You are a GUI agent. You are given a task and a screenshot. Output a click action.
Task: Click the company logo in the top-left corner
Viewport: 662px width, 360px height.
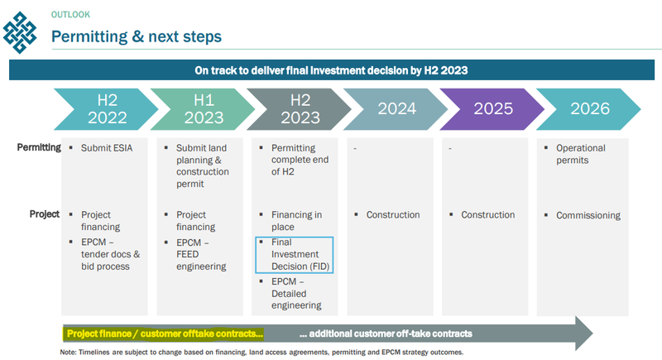[x=19, y=32]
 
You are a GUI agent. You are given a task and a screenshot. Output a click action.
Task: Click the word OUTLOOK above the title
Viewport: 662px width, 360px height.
[x=70, y=15]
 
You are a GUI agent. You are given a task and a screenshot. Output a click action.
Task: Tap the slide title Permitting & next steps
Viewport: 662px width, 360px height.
[x=137, y=36]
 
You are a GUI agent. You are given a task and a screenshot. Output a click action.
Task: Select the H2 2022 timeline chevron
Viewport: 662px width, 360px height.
[x=106, y=109]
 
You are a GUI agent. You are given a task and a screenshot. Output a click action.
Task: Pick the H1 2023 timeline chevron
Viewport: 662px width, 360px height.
[x=203, y=109]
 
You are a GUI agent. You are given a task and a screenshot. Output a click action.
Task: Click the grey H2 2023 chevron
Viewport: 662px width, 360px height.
[x=300, y=109]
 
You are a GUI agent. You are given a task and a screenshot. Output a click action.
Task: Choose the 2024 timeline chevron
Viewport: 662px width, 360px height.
[x=396, y=109]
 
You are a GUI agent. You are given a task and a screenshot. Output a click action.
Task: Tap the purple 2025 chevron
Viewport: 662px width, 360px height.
[x=492, y=109]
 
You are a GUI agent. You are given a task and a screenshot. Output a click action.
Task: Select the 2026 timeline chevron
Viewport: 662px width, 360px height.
[x=589, y=109]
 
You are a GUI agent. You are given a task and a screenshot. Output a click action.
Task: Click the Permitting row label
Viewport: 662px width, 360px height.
[x=39, y=147]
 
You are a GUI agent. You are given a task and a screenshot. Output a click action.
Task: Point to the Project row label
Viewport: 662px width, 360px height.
[x=45, y=214]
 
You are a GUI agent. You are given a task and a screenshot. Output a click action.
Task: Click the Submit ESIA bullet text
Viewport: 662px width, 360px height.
[x=107, y=148]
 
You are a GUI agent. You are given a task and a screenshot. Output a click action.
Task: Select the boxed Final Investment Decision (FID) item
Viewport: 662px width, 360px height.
[x=295, y=255]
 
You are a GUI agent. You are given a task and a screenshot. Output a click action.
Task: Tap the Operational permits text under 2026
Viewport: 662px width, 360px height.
[x=581, y=154]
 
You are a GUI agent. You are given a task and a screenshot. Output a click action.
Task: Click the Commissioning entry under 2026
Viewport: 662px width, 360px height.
[x=588, y=215]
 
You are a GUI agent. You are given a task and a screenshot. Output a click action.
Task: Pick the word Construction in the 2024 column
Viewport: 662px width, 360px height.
[x=393, y=215]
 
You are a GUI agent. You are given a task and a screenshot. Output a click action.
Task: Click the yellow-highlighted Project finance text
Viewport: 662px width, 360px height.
[x=164, y=334]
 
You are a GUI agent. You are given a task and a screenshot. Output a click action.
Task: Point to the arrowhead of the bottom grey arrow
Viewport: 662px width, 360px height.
[x=584, y=334]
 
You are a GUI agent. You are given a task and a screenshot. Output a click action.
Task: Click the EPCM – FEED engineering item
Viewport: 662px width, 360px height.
[x=201, y=255]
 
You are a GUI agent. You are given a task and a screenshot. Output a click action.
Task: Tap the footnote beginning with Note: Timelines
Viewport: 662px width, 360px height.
[x=261, y=352]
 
